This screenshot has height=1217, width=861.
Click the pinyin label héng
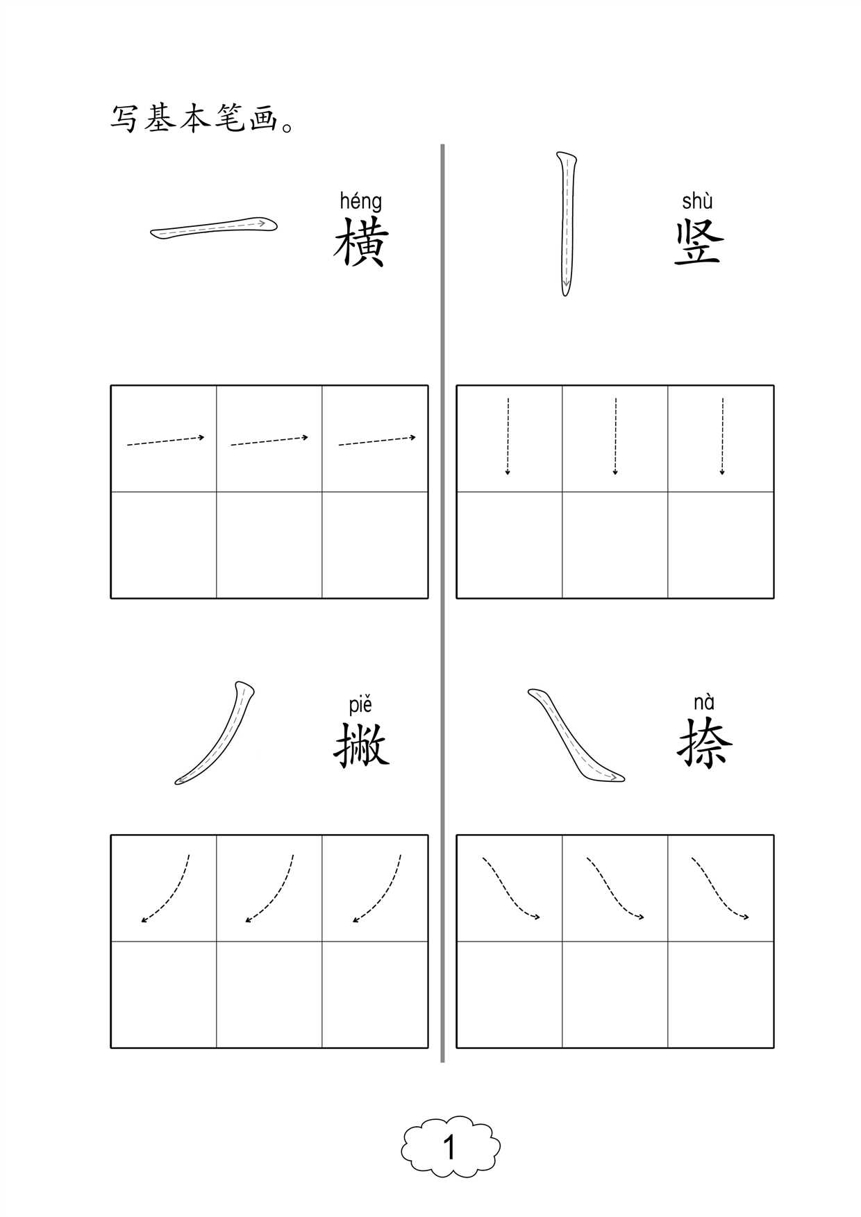(360, 202)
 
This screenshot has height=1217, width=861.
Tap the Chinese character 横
(360, 242)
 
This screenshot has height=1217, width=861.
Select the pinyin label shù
(697, 201)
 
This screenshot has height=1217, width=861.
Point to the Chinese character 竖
(699, 242)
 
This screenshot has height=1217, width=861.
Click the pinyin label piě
(360, 705)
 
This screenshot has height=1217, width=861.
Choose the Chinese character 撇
(361, 745)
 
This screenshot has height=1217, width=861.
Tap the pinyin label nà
(703, 702)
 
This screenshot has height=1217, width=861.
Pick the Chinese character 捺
(704, 744)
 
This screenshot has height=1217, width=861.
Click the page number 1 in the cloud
(450, 1148)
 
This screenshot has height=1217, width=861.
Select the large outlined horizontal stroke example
(214, 228)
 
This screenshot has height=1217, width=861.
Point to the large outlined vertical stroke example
(567, 223)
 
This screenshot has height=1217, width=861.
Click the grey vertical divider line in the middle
(442, 604)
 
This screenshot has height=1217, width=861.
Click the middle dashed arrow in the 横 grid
(269, 441)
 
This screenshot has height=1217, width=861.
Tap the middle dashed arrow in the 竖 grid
(615, 436)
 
